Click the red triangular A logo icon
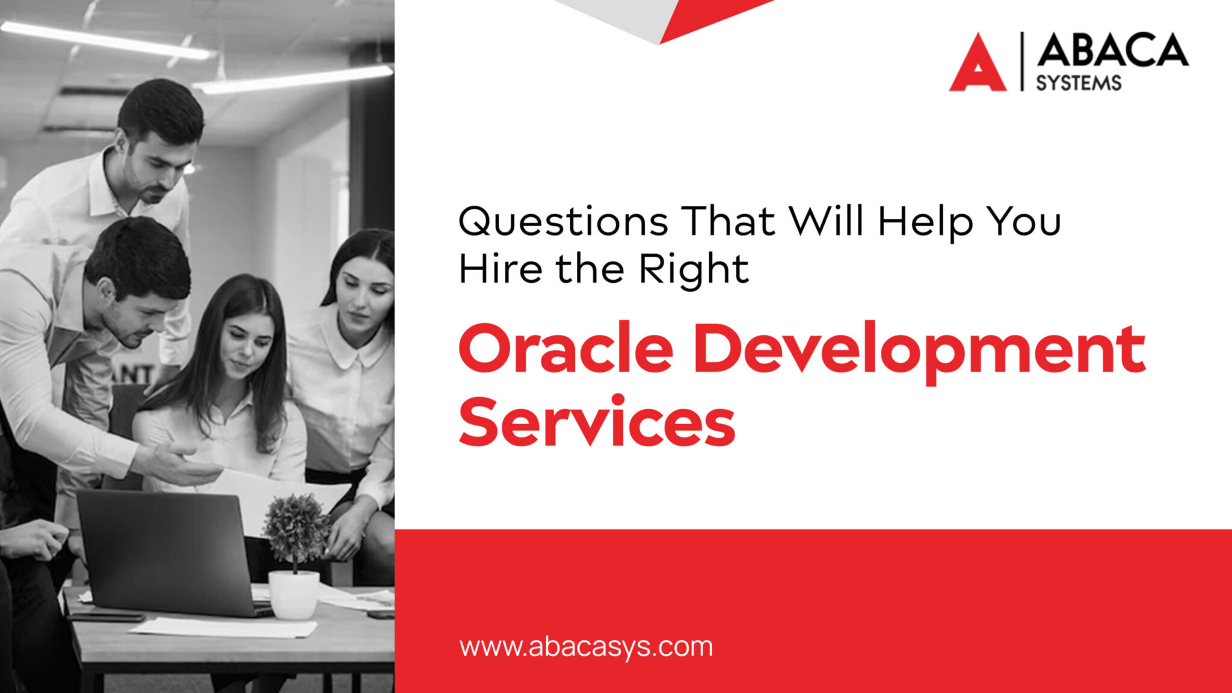pyautogui.click(x=978, y=65)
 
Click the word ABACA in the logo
pyautogui.click(x=1112, y=51)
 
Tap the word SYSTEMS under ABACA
pyautogui.click(x=1078, y=83)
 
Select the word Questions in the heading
pyautogui.click(x=562, y=221)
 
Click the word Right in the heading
pyautogui.click(x=694, y=269)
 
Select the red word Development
pyautogui.click(x=919, y=353)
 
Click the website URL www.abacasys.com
pyautogui.click(x=586, y=647)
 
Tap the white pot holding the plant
pyautogui.click(x=294, y=594)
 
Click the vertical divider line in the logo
pyautogui.click(x=1021, y=61)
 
